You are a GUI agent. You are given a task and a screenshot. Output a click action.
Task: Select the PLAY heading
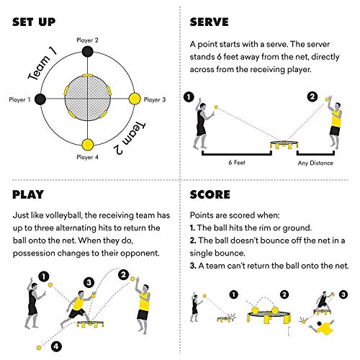coord(29,194)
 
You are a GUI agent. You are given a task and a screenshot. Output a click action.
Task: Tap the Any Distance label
coord(315,162)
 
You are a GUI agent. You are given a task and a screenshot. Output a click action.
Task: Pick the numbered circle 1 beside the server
coord(189,96)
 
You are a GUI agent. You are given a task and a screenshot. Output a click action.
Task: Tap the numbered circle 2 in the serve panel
coord(312,96)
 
